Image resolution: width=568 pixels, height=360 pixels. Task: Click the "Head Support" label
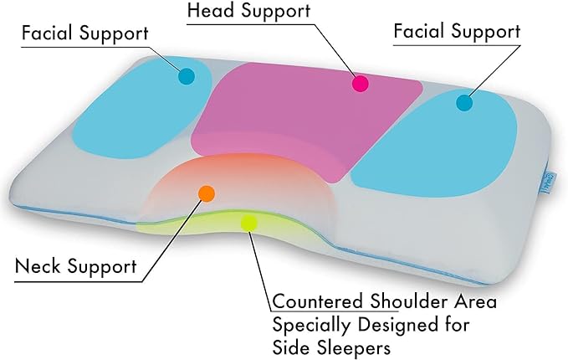tap(238, 12)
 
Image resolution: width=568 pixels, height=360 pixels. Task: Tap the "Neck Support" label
tap(76, 268)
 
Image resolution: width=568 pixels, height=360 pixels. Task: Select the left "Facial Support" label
tap(85, 34)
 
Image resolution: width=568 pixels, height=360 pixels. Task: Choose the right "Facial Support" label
tap(457, 32)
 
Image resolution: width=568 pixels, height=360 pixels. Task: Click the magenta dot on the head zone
tap(361, 83)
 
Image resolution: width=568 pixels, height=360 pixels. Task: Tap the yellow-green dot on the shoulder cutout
tap(248, 223)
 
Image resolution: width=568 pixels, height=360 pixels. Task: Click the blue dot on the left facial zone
tap(186, 76)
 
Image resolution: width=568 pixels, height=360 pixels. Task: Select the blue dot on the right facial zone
tap(463, 103)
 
